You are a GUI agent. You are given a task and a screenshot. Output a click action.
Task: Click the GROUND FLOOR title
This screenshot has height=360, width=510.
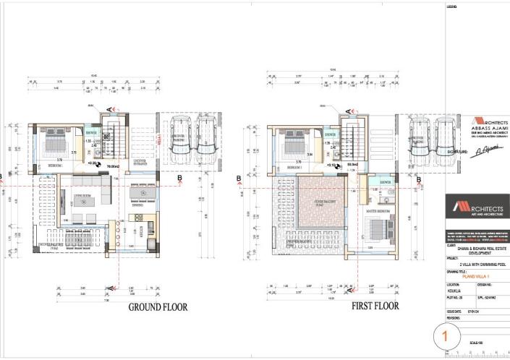click(158, 307)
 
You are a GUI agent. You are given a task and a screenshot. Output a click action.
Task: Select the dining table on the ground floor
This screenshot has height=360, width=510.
click(140, 195)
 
